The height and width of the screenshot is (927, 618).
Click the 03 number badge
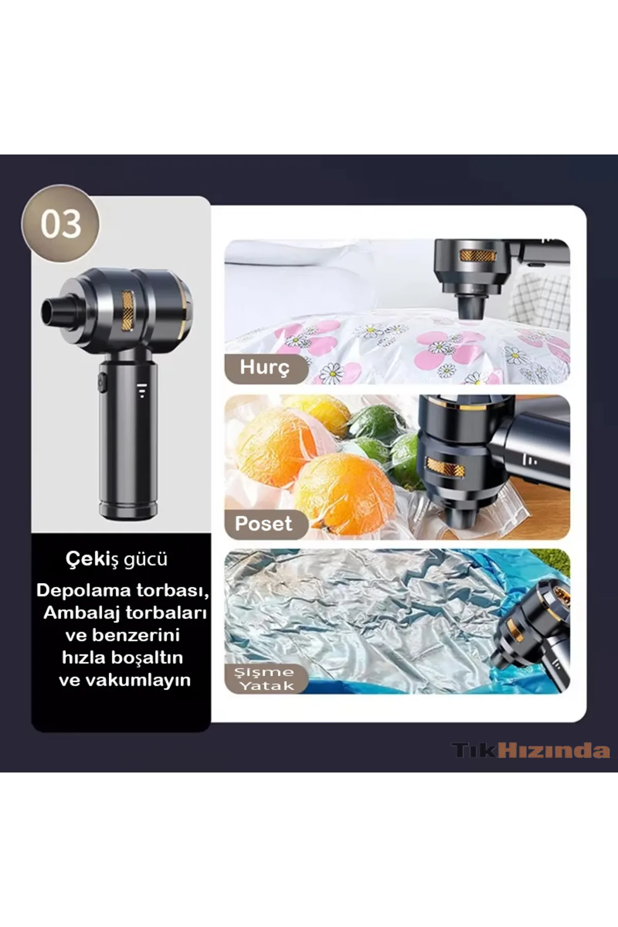click(60, 224)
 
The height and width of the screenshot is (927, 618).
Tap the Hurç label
click(265, 368)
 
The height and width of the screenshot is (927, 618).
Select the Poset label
click(264, 524)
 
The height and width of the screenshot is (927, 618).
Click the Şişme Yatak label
click(266, 679)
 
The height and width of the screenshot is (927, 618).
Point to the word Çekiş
click(92, 559)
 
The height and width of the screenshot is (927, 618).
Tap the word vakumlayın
click(138, 680)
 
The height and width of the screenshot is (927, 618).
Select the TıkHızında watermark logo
click(531, 750)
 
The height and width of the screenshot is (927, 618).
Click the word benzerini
click(122, 635)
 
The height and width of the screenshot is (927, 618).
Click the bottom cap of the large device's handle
click(128, 510)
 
